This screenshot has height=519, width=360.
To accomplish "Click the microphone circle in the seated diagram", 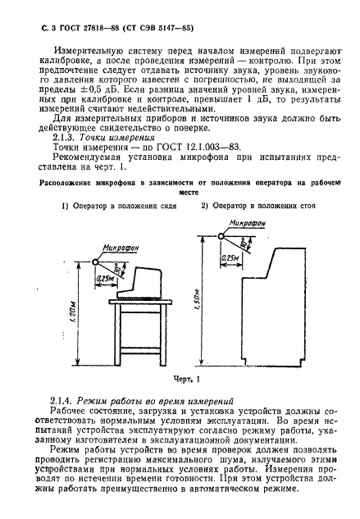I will click(x=97, y=260).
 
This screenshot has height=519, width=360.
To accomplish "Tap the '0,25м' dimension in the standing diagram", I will click(x=231, y=257).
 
